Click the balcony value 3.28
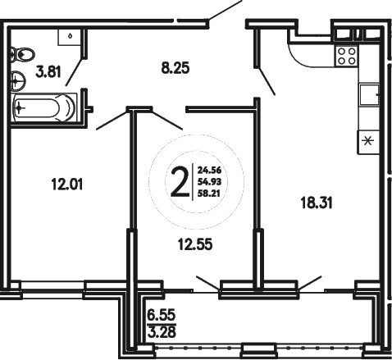tap(162, 331)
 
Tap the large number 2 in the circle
tap(177, 180)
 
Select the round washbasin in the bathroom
tap(16, 80)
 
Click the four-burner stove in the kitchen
tap(347, 57)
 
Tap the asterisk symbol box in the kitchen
tap(367, 140)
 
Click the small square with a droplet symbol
tap(71, 35)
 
